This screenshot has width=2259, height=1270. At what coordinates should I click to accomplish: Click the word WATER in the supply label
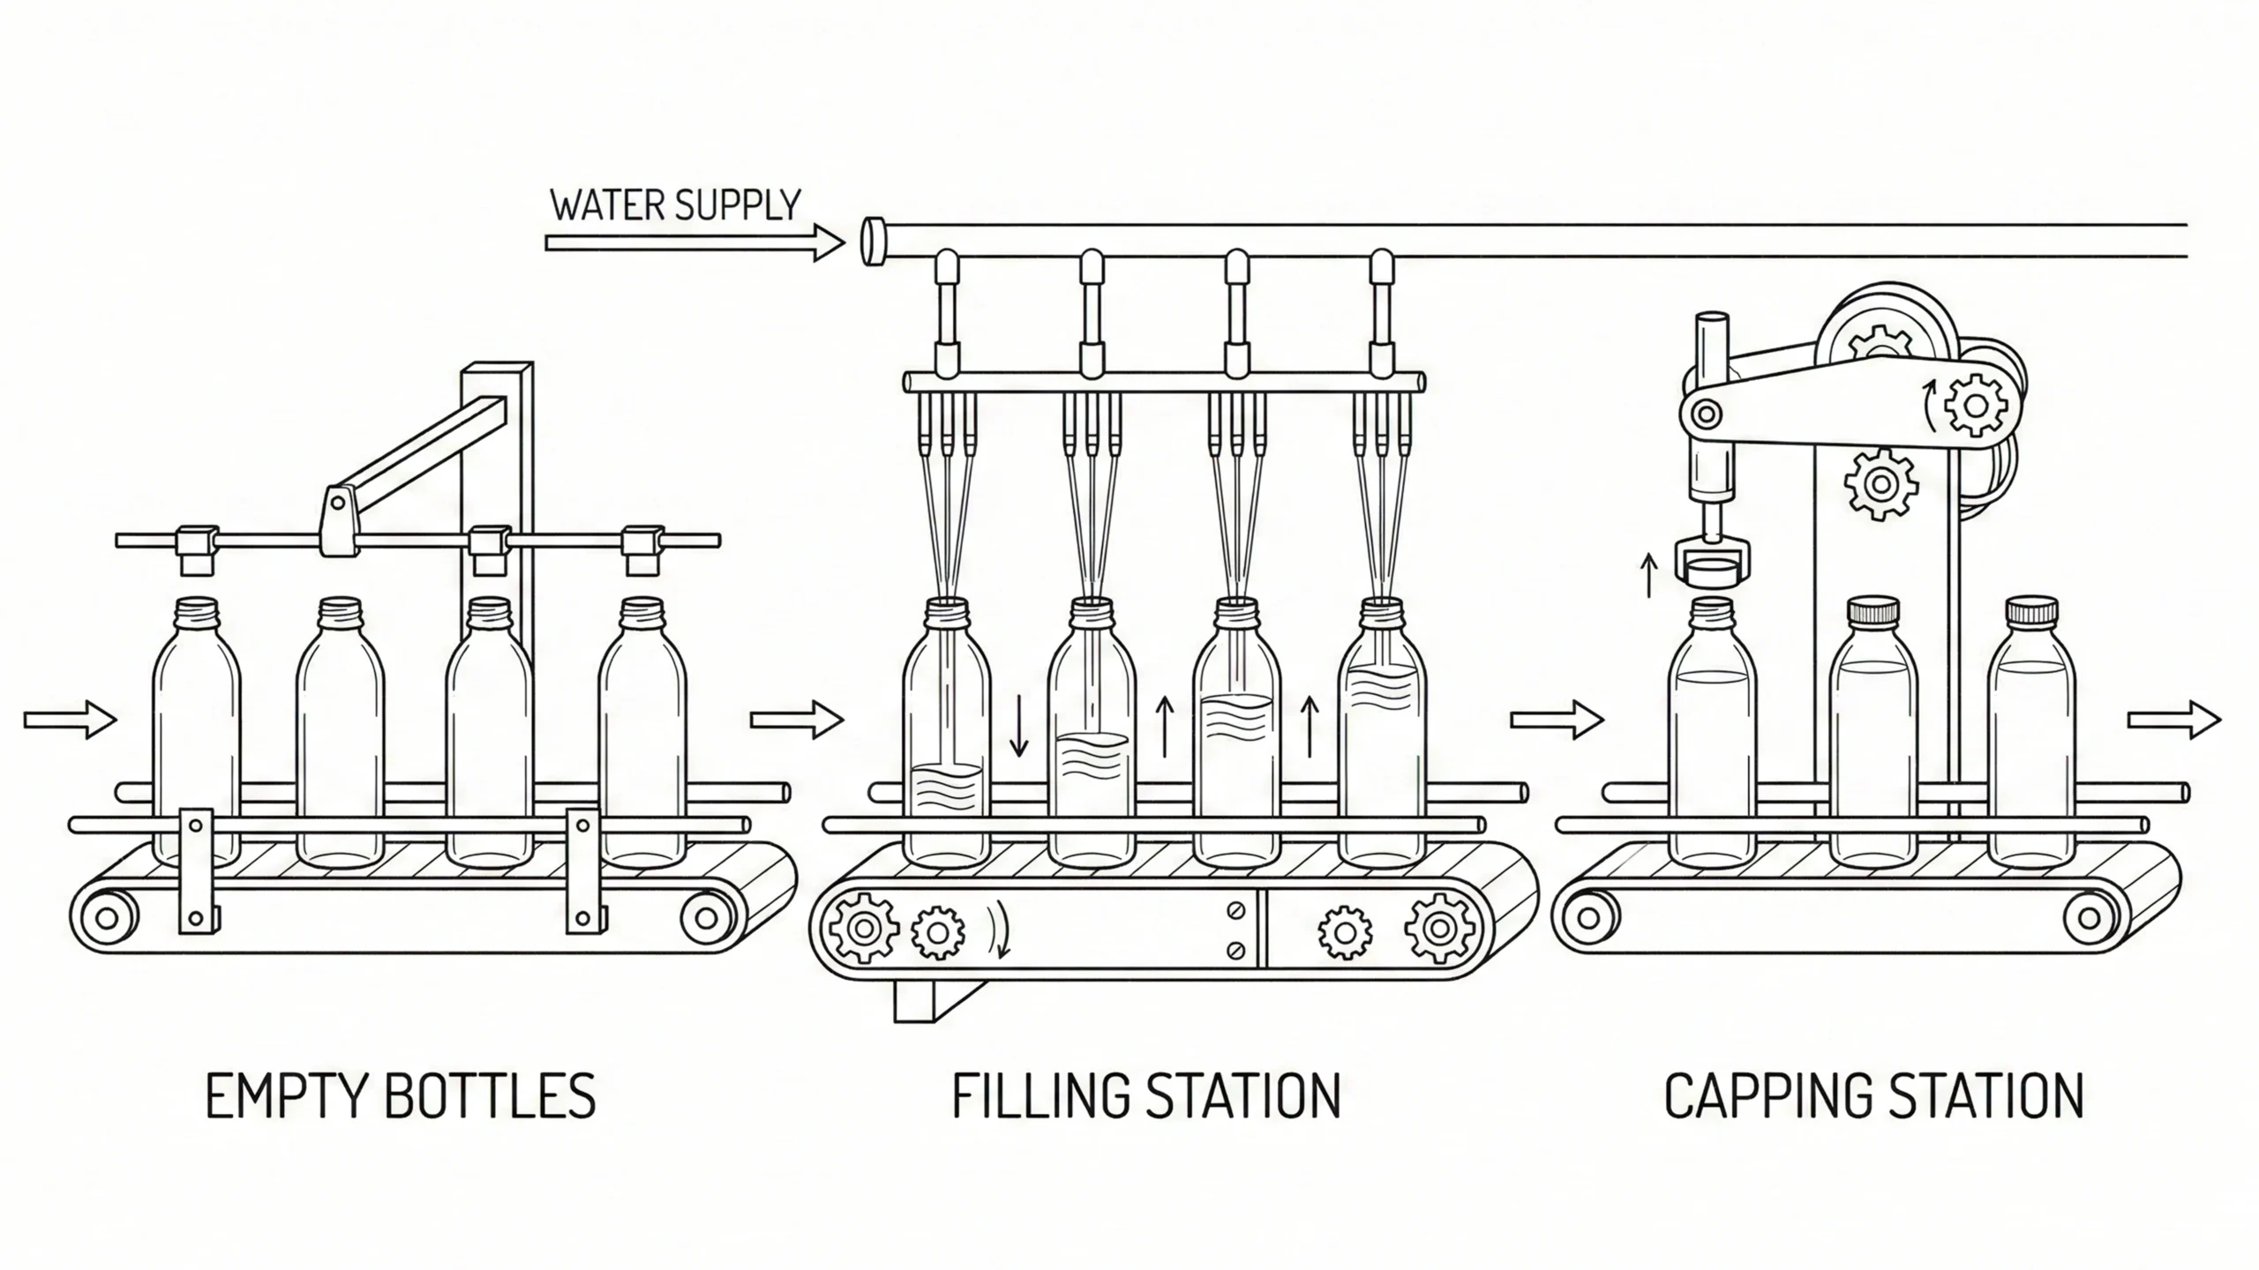click(607, 205)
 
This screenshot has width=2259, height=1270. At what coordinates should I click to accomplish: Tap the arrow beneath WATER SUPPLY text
click(694, 243)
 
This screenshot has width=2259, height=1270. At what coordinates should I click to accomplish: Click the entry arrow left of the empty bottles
click(70, 721)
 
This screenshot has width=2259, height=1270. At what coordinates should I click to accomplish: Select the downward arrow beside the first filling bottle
click(1018, 725)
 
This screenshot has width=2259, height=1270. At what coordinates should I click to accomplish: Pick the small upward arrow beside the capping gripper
click(1647, 575)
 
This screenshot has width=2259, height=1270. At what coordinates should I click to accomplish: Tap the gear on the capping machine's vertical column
click(1881, 482)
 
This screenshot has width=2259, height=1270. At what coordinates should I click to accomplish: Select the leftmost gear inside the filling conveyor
click(863, 928)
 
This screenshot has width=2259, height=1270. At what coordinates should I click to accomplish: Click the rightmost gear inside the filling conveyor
click(1439, 928)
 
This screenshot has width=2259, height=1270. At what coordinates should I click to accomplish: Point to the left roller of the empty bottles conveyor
click(107, 918)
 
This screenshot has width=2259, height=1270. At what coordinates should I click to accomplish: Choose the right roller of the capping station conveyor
click(2089, 918)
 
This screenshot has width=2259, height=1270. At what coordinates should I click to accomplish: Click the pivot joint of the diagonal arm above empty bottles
click(337, 503)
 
